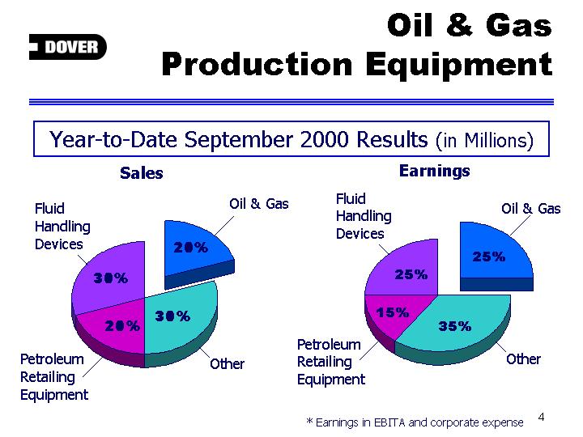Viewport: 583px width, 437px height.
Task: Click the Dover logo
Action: [68, 47]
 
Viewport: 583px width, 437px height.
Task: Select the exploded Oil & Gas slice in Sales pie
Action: [197, 252]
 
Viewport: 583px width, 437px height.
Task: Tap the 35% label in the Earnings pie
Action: [454, 326]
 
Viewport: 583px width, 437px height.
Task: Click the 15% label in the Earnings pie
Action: [392, 312]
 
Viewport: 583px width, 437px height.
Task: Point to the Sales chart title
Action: [141, 173]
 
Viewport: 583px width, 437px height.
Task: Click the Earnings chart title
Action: [434, 171]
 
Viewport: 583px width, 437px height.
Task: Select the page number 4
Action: [541, 417]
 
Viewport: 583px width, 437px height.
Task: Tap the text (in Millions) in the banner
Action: [484, 141]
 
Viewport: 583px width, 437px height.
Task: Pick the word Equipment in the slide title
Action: [459, 66]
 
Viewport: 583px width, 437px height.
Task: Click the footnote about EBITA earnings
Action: [415, 422]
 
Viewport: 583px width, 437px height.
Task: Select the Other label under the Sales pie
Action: [227, 364]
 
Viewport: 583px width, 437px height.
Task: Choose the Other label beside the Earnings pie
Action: [523, 359]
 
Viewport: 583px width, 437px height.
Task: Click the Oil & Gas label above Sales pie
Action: [259, 204]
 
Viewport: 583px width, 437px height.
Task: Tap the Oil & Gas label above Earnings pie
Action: [530, 209]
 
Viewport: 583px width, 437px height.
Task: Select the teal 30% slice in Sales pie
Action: [178, 320]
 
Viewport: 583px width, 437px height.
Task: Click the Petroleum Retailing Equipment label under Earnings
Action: [331, 362]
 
